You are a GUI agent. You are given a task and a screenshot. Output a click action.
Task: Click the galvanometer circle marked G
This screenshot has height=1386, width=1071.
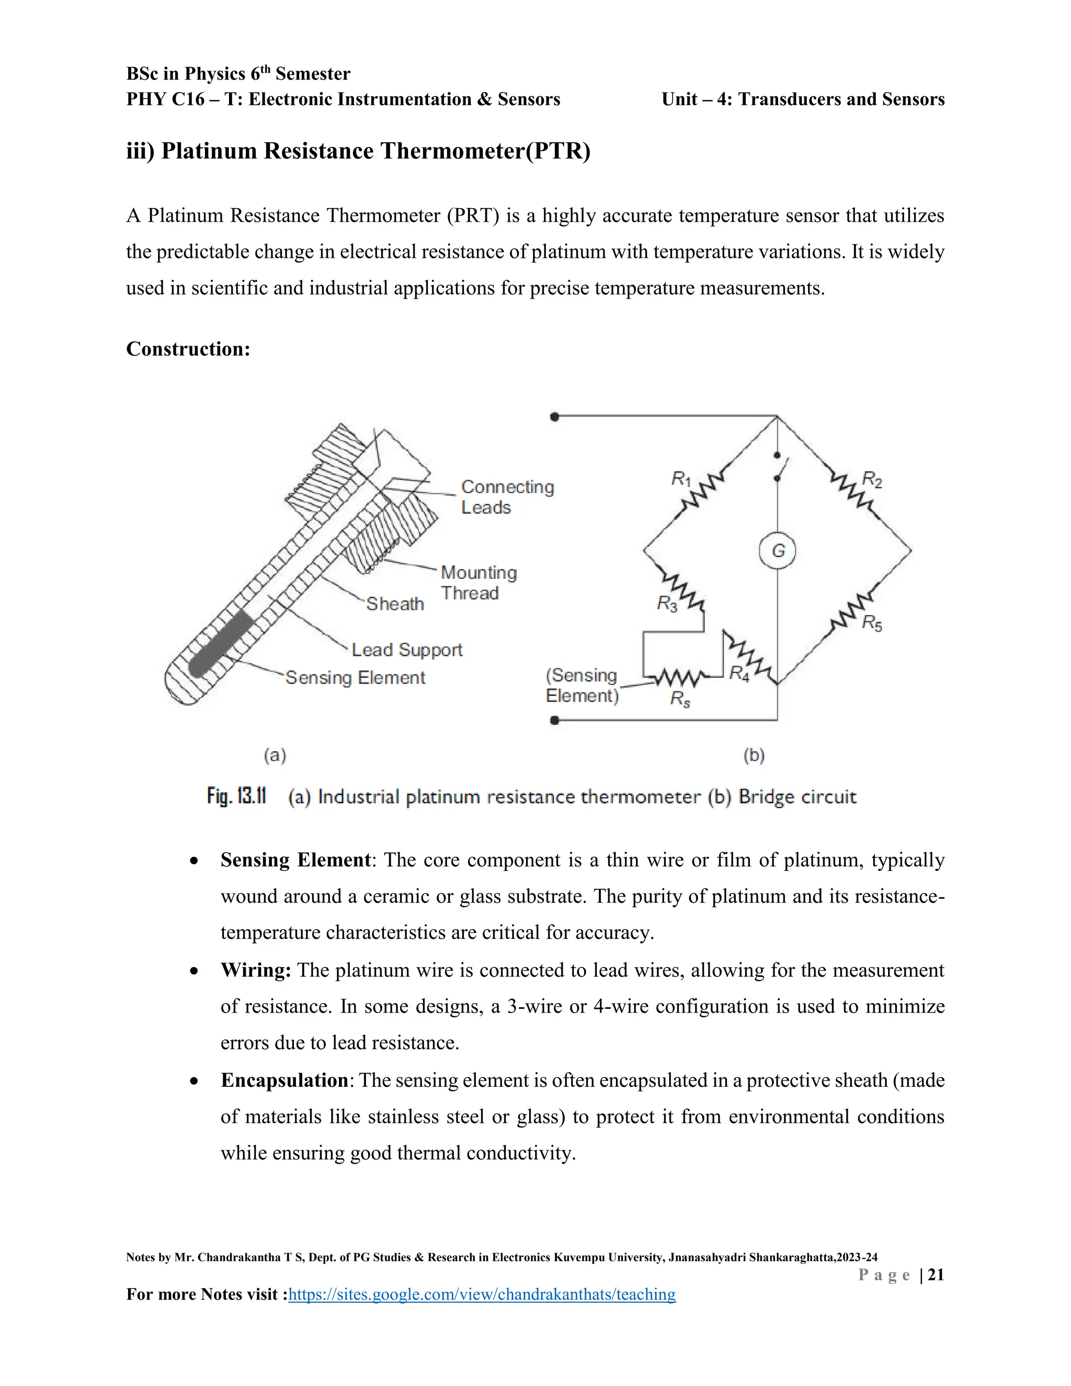[777, 550]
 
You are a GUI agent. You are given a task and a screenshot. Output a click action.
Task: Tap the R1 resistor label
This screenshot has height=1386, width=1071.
[681, 479]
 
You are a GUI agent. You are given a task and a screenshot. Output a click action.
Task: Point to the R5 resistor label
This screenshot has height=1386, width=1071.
[872, 623]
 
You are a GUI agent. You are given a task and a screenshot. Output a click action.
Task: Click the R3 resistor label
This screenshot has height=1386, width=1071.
[667, 603]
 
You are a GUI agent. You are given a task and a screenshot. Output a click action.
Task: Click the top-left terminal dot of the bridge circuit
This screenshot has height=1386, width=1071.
[554, 417]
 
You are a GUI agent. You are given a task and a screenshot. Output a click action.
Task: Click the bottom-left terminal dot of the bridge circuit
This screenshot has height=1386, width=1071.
[554, 720]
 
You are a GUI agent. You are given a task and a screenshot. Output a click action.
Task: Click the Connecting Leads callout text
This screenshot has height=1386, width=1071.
[507, 497]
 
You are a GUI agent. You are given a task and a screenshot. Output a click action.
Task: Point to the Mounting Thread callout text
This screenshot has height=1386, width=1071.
[478, 583]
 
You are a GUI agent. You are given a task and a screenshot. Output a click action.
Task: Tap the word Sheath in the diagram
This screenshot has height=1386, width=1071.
[395, 604]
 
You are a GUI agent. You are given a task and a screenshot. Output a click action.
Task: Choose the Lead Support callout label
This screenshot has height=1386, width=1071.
[407, 650]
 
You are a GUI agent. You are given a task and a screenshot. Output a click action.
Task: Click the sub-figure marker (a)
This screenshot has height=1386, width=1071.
[275, 755]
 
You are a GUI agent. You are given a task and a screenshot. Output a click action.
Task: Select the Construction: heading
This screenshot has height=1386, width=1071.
[188, 349]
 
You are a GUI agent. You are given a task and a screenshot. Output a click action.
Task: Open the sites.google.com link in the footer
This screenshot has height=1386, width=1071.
[482, 1294]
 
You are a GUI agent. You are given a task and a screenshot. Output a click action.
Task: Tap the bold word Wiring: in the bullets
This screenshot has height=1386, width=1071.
[256, 970]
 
